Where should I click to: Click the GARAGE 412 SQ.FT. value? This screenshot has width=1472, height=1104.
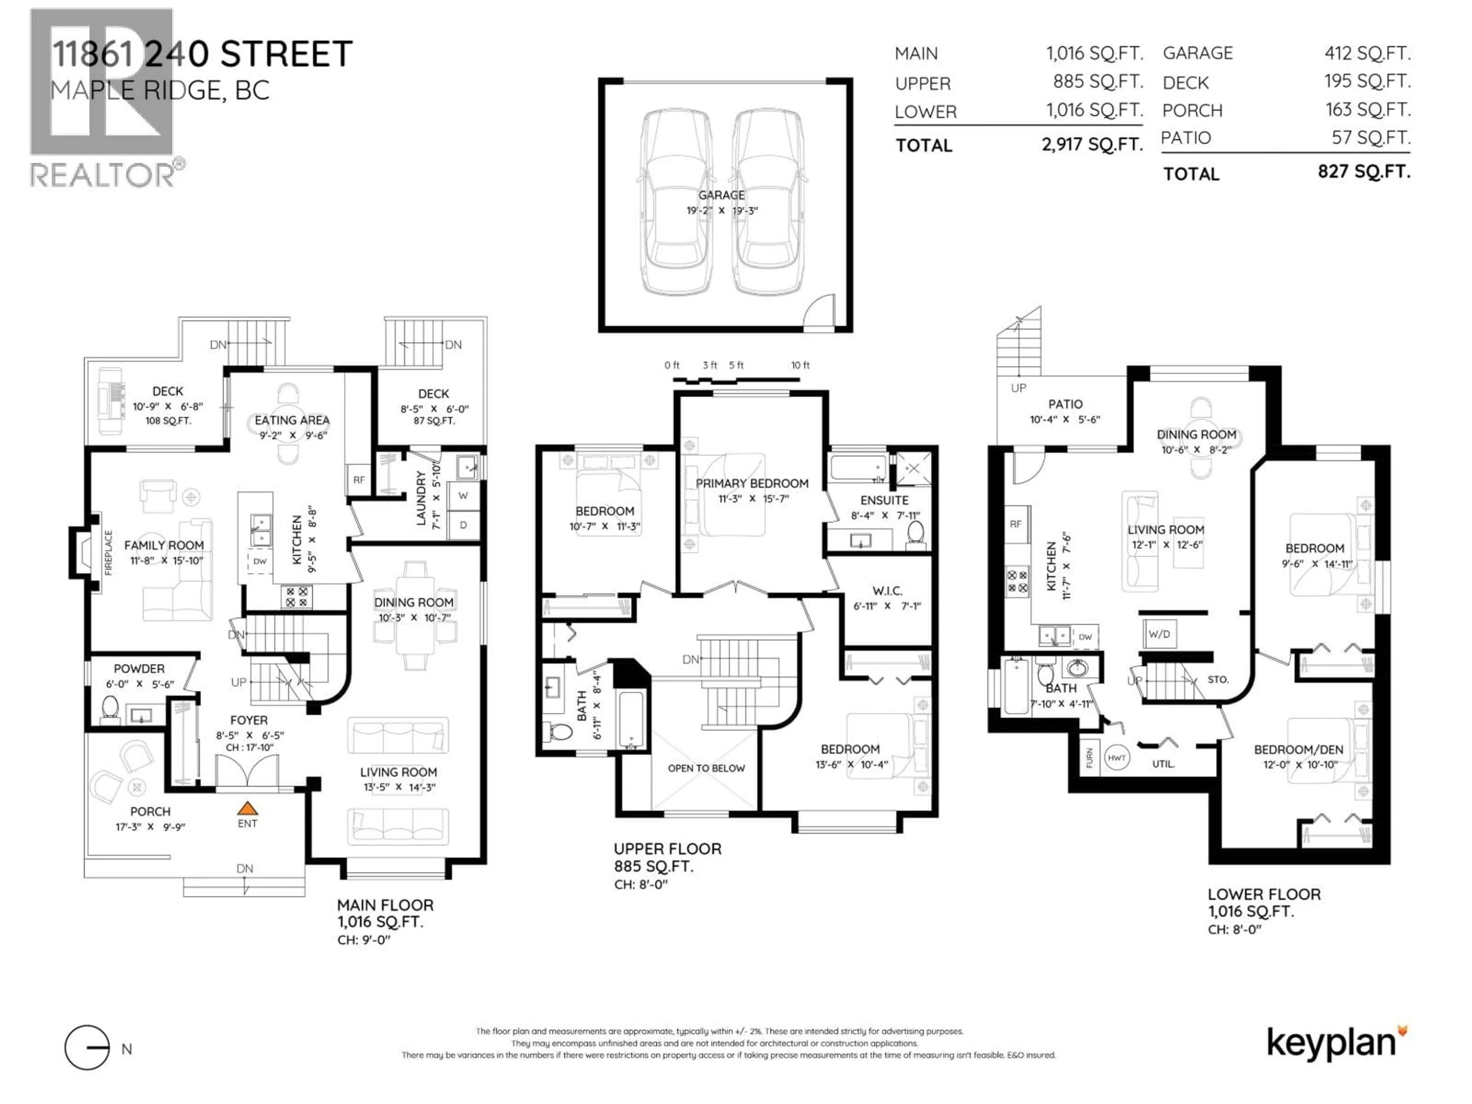[1367, 53]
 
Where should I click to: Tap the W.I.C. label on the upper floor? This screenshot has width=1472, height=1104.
[887, 591]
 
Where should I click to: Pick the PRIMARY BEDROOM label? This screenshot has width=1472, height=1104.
[752, 484]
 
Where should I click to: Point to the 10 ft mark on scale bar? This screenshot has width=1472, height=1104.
[800, 365]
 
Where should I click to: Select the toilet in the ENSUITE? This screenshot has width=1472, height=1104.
[916, 534]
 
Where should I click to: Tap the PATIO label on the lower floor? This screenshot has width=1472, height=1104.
[1065, 404]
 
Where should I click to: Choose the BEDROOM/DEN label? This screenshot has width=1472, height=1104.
[1298, 749]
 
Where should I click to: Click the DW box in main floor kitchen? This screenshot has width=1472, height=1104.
[260, 561]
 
